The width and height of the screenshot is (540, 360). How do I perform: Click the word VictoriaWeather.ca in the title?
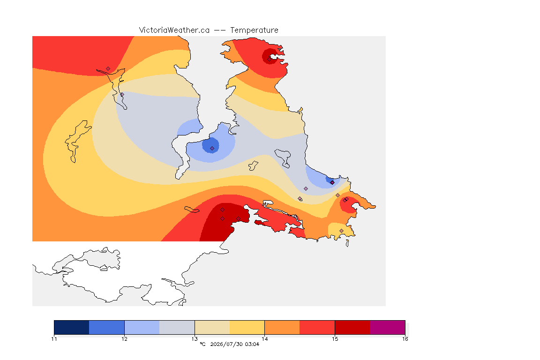pos(174,30)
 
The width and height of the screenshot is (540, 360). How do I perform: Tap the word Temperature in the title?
pos(254,30)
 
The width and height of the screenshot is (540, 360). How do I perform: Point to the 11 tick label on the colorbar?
pos(54,339)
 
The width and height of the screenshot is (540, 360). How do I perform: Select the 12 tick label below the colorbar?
pos(124,339)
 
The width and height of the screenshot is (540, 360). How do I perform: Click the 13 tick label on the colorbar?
pos(195,339)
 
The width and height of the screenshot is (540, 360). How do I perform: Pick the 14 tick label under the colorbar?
pos(264,339)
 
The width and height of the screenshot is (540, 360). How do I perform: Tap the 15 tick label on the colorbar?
pos(335,339)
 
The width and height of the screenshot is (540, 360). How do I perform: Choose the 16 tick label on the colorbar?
pos(405,339)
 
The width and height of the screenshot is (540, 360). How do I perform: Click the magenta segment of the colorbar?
pos(388,327)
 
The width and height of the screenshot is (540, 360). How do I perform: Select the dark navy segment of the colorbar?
pos(72,327)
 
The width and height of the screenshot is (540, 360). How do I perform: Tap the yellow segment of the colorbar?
pos(247,327)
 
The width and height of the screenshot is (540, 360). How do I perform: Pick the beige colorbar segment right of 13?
pos(212,327)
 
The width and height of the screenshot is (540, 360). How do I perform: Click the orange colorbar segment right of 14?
pos(282,327)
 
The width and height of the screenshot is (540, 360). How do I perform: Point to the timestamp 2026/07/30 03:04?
pos(234,344)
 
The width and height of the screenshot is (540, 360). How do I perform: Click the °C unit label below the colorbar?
pos(202,344)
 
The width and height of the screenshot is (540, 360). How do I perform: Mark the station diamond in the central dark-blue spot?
pos(212,149)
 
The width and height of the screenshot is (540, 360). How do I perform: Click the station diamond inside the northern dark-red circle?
pos(270,59)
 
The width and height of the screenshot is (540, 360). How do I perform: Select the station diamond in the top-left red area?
pos(108,69)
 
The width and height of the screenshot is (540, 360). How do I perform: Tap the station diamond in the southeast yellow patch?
pos(341,231)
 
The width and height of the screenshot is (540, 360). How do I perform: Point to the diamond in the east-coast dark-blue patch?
pos(332,183)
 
